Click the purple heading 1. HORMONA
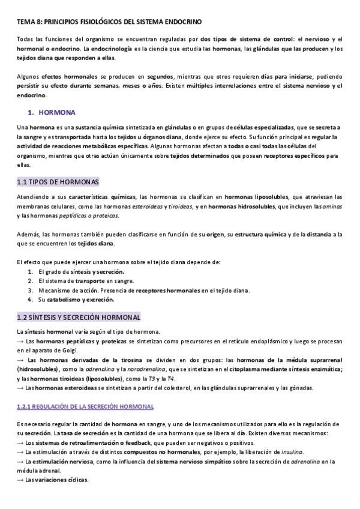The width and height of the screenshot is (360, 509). coord(52,112)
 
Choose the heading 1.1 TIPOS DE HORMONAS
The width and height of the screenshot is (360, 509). coord(58,182)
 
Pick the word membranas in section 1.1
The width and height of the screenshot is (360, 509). coord(34,206)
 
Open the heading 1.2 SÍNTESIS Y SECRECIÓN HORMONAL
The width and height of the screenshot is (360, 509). coord(79,317)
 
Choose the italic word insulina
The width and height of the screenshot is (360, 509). coord(290,451)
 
